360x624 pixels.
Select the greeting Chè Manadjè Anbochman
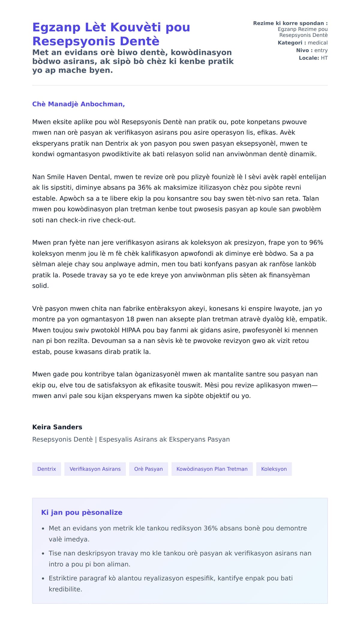[x=78, y=104]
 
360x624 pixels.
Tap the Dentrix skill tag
[x=46, y=469]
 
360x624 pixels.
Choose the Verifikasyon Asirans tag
[x=95, y=469]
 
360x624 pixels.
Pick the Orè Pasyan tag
[x=148, y=469]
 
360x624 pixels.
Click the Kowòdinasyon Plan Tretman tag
[x=212, y=469]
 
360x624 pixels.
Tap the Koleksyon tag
[x=274, y=469]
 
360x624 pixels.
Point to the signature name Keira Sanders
[x=57, y=427]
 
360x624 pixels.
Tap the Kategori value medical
[x=318, y=43]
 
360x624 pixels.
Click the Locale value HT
[x=324, y=58]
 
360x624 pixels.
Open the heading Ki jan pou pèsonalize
[x=82, y=512]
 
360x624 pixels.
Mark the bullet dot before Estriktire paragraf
[x=43, y=578]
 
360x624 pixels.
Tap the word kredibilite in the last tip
[x=65, y=589]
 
